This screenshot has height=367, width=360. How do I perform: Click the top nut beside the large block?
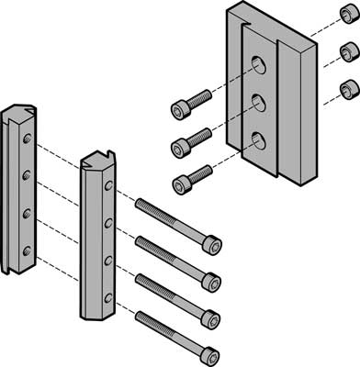(346, 18)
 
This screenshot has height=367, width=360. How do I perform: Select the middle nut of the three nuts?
(348, 51)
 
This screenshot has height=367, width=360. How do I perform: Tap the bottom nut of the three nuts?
(348, 90)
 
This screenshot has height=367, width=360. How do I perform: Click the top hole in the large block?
(260, 64)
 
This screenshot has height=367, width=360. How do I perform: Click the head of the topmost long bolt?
(211, 243)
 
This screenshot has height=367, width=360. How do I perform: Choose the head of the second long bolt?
(211, 280)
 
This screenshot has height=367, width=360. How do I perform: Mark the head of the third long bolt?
(211, 317)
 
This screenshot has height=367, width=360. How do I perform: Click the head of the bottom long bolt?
(210, 352)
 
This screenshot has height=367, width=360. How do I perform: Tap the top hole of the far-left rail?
(28, 139)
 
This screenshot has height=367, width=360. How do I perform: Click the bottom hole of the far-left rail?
(26, 249)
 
